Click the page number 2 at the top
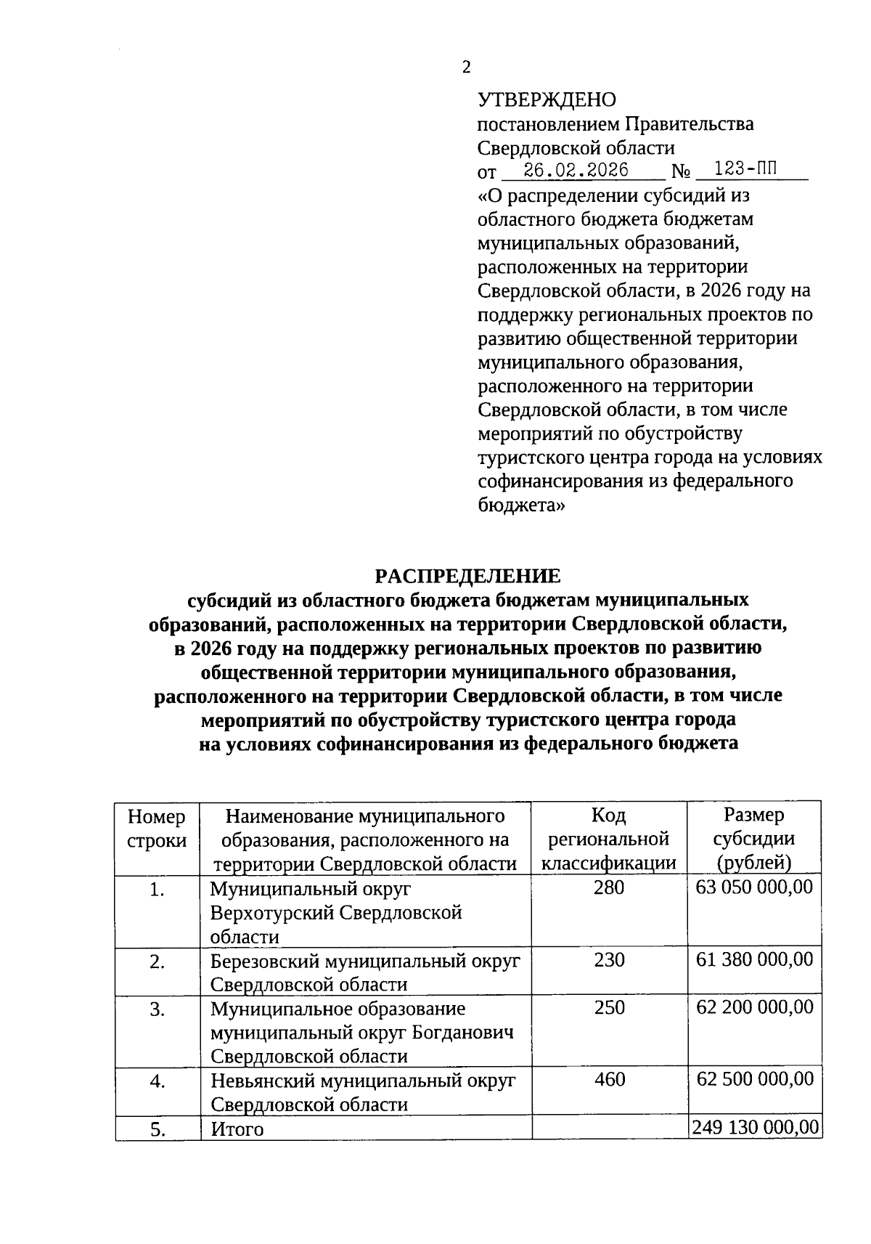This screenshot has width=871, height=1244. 466,68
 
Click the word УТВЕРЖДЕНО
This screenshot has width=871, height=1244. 547,99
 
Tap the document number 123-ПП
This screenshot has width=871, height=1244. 745,171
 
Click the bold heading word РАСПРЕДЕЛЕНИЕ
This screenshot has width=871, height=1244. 467,576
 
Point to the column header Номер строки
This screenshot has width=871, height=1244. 157,829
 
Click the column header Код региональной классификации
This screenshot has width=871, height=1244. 609,839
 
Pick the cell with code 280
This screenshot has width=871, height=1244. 609,887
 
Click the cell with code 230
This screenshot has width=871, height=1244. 609,960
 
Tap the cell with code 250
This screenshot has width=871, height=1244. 609,1008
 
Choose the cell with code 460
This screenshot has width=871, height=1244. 609,1080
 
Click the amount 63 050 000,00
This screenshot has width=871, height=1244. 754,887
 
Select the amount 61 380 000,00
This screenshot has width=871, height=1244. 754,960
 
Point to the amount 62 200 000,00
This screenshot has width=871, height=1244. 754,1008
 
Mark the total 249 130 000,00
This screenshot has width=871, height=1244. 756,1127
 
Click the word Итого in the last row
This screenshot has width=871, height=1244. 237,1130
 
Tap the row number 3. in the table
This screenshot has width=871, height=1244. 157,1009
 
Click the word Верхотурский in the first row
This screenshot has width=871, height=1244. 272,913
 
